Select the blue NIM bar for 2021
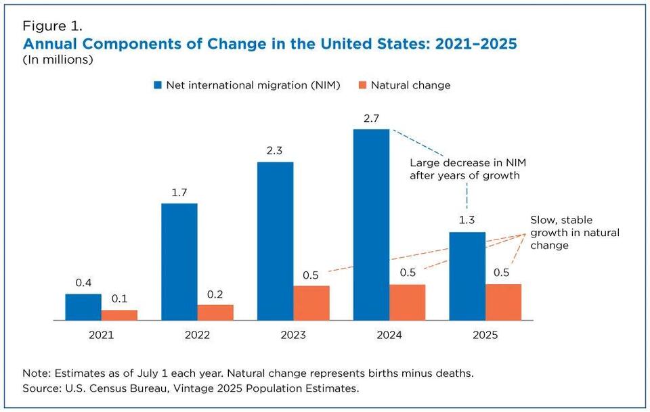coord(83,307)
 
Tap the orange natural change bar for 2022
coord(215,313)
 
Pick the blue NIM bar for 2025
coord(467,276)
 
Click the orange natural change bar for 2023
coord(311,303)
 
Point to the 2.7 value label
coord(371,118)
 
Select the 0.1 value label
coord(119,298)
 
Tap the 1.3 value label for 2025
coord(467,221)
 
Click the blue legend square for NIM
coord(158,85)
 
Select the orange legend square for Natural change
coord(363,85)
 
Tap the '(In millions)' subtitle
coord(58,60)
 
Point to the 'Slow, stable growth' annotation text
coord(574,233)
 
